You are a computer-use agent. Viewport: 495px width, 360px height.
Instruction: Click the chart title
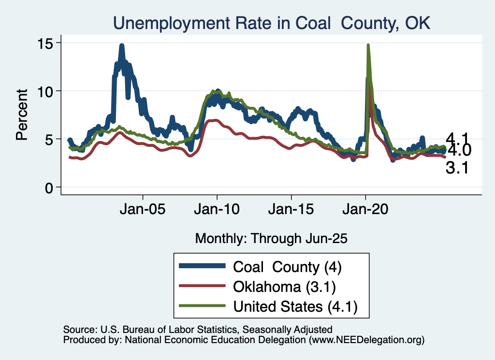point(271,22)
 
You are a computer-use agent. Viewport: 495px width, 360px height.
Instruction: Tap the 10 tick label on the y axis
point(46,91)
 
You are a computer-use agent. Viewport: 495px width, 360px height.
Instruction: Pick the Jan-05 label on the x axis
point(143,211)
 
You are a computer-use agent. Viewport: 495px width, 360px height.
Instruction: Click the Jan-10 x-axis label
point(217,211)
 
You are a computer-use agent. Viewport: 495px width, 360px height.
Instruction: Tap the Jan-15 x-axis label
point(291,211)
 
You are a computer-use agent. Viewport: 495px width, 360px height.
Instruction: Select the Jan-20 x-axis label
point(366,211)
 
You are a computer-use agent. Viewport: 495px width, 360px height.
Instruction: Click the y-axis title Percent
point(21,115)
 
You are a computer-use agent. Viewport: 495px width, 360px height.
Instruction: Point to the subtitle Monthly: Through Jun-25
point(271,238)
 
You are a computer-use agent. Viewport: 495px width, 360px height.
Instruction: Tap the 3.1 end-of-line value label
point(456,169)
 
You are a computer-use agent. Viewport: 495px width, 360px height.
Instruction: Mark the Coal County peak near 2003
point(122,46)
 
